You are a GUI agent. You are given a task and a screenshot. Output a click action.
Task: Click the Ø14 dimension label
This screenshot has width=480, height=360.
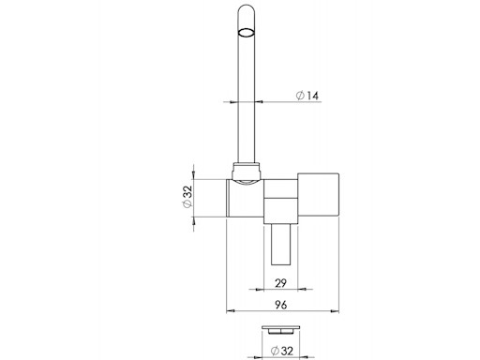click(x=307, y=96)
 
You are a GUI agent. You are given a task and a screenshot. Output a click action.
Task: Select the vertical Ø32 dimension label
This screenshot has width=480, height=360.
click(x=187, y=196)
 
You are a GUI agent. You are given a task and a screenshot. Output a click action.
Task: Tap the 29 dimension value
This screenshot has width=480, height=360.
click(x=280, y=283)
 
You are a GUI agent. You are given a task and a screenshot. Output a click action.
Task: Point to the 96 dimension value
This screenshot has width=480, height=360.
click(x=281, y=305)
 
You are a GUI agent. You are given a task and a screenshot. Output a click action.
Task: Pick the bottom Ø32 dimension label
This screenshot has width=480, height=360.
click(x=282, y=351)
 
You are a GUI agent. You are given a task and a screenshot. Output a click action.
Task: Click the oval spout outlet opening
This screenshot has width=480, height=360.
click(x=247, y=33)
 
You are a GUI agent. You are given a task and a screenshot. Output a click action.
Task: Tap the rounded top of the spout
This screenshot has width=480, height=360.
click(x=247, y=9)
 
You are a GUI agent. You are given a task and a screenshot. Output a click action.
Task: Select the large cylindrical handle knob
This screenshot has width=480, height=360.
click(x=318, y=195)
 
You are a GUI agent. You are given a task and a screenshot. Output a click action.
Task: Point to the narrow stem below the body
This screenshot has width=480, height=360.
click(x=281, y=245)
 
